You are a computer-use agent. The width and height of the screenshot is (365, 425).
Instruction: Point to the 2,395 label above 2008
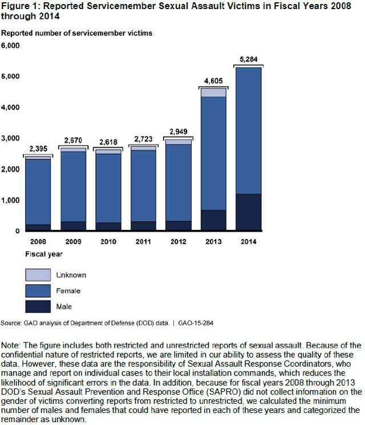coord(38,149)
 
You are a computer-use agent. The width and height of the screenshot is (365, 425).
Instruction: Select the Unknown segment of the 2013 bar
coord(213,92)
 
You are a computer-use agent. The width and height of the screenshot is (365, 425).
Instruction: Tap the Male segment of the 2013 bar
coord(213,220)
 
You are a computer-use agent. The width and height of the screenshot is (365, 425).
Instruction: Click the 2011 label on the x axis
coord(143,241)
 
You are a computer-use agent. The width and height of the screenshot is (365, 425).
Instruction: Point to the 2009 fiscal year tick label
coord(72,241)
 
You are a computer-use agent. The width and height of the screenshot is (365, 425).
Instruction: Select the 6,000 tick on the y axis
coord(11,46)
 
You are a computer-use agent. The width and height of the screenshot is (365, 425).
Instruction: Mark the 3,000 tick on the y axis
coord(11,139)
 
